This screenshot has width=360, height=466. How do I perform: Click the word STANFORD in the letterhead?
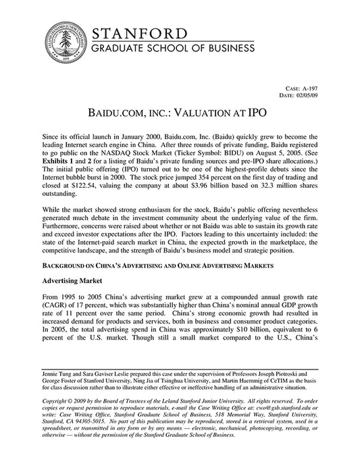point(139,34)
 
